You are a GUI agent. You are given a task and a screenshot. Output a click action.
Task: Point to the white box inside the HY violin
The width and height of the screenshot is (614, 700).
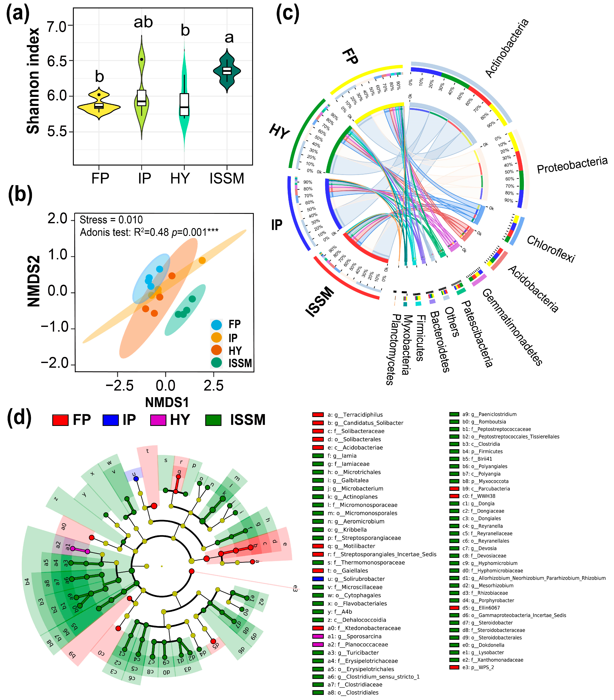coord(185,104)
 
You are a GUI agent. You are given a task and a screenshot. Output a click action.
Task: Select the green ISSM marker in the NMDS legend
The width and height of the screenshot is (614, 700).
coord(216,362)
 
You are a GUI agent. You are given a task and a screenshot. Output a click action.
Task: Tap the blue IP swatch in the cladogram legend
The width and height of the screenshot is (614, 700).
coord(111,420)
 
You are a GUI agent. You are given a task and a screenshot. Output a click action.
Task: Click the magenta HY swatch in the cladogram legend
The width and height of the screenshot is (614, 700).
coord(158,420)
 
